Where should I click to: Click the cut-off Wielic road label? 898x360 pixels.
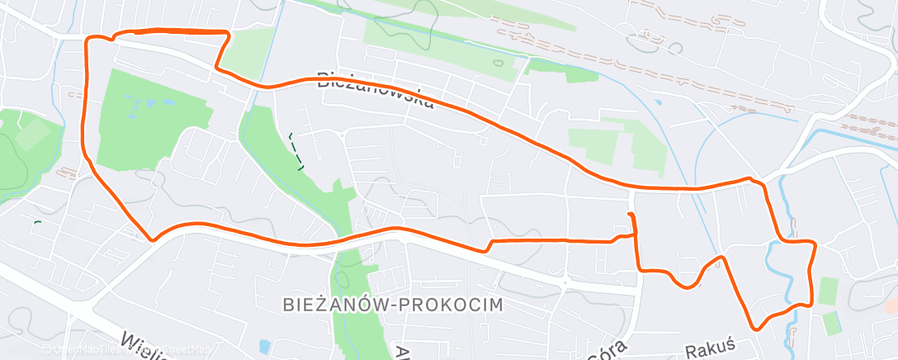tap(145, 344)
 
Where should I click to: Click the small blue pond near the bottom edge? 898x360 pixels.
tap(264, 345)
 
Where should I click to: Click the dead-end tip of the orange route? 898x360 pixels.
tap(631, 215)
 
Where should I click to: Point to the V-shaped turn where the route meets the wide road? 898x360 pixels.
tap(152, 239)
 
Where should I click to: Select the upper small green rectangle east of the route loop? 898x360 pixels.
tap(829, 291)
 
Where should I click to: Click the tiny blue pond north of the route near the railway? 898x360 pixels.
tap(657, 103)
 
